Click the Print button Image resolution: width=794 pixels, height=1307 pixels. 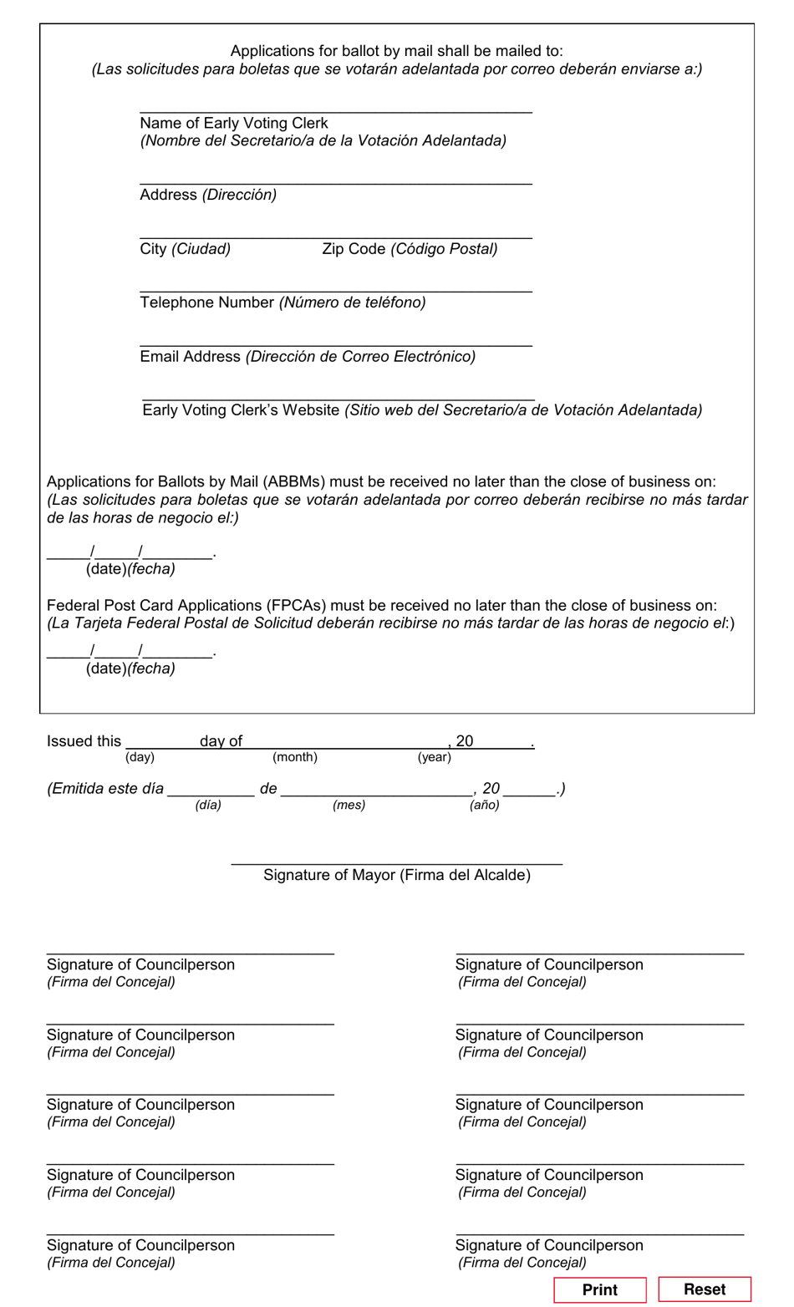[599, 1289]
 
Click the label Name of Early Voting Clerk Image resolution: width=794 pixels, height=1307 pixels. [233, 123]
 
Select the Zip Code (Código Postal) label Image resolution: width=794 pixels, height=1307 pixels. [410, 249]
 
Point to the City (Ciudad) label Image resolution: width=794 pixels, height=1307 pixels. [185, 249]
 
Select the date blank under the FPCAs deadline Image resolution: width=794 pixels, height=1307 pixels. [130, 652]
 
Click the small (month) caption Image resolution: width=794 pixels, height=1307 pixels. [294, 757]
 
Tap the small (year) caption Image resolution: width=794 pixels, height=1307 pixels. [434, 757]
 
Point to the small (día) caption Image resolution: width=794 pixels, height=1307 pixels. [208, 805]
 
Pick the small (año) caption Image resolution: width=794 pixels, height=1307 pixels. [484, 805]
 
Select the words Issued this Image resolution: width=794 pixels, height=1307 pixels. [84, 741]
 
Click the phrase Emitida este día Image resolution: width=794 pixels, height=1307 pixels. [106, 789]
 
